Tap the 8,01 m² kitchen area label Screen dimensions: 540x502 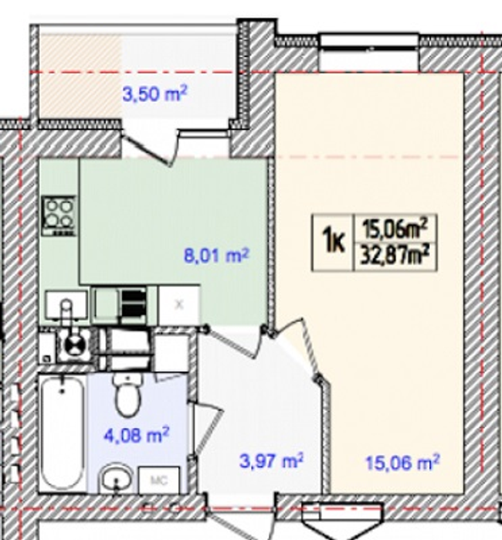(216, 256)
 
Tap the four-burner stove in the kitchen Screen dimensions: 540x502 (58, 216)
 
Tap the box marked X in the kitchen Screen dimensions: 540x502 (179, 304)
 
